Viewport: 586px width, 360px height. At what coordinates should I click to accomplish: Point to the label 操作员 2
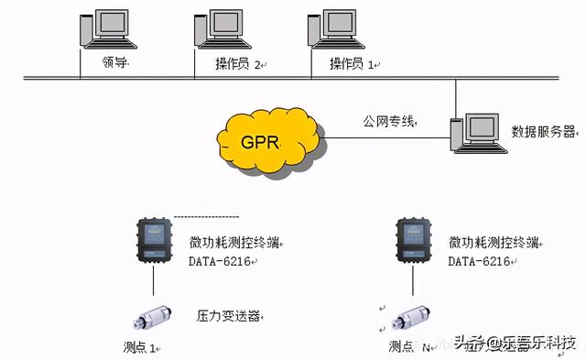pyautogui.click(x=237, y=63)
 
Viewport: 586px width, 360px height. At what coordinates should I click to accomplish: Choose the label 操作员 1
pyautogui.click(x=351, y=63)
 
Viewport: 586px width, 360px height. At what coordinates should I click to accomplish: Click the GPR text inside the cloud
pyautogui.click(x=261, y=141)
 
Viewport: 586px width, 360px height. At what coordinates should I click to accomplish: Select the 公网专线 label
pyautogui.click(x=388, y=120)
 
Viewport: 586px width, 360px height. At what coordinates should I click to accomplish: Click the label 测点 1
pyautogui.click(x=140, y=347)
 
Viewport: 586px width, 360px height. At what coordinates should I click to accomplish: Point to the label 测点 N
pyautogui.click(x=407, y=347)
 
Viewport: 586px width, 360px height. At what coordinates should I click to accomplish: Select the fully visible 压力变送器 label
pyautogui.click(x=229, y=316)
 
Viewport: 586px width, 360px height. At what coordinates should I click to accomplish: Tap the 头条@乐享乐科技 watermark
pyautogui.click(x=517, y=344)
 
